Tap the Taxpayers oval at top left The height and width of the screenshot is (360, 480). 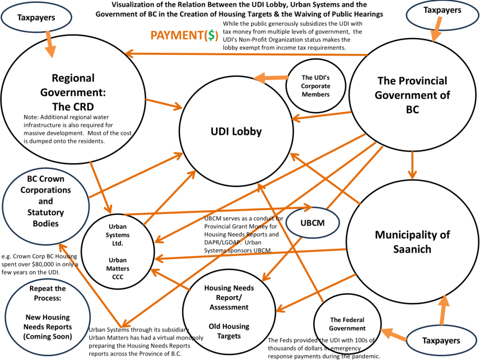tap(36, 18)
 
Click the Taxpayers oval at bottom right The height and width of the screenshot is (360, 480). tap(441, 340)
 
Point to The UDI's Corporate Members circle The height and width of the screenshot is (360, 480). tap(315, 86)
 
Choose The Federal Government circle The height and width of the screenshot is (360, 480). tap(347, 324)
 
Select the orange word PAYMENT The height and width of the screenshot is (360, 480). tap(174, 35)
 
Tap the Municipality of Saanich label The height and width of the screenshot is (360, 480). tap(412, 241)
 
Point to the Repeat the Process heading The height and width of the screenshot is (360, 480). tap(47, 293)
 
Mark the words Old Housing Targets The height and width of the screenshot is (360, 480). tap(229, 331)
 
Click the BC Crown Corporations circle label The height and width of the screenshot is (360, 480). tap(45, 201)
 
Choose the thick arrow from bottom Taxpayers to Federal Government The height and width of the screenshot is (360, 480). tap(395, 335)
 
